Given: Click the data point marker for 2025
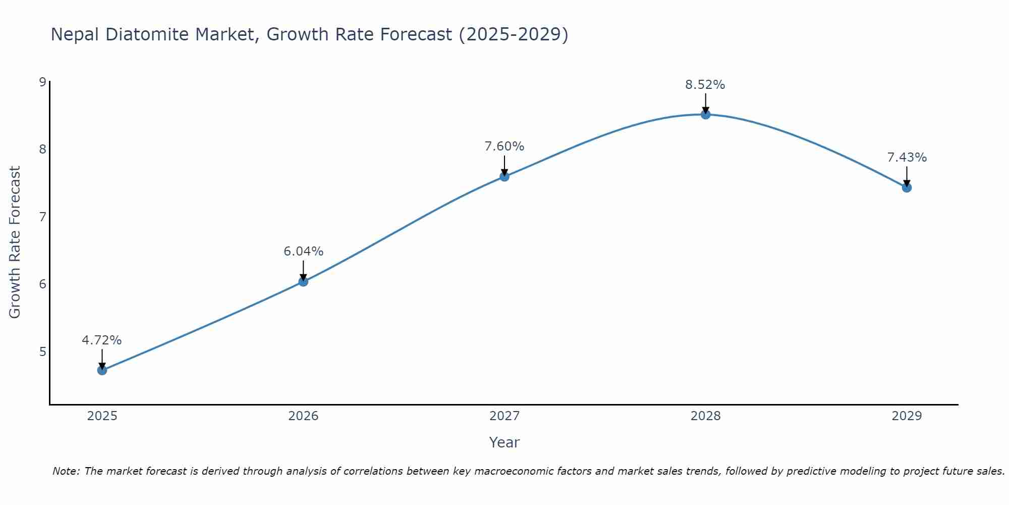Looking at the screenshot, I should coord(102,370).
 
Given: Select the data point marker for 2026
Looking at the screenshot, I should coord(303,281).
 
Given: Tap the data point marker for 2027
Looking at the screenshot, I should coord(504,176).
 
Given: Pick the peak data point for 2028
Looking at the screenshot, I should coord(706,115).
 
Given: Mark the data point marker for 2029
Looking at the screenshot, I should coord(907,188).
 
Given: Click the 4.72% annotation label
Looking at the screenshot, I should coord(102,340).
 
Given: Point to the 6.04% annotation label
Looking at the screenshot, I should coord(303,251).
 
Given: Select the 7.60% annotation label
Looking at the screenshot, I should coord(504,146).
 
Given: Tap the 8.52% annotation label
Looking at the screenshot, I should coord(705,85).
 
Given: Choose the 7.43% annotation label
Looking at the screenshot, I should coord(907,158).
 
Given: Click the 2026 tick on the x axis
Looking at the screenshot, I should coord(303,416).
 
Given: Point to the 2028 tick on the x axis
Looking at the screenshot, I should coord(706,416).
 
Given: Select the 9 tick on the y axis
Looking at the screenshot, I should coord(42,82).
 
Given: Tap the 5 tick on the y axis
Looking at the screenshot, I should coord(42,351).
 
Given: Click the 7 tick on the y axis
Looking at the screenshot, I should coord(42,217).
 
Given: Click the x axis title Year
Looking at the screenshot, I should coord(504,442).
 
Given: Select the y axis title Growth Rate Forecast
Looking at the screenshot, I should coord(15,242).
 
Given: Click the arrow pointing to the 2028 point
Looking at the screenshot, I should coord(706,103).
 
